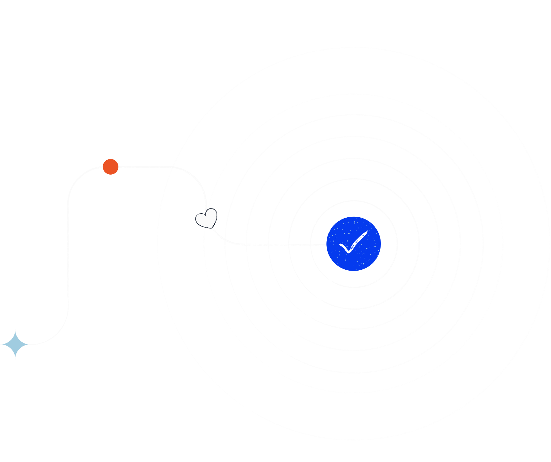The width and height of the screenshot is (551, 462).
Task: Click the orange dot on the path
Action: (x=111, y=167)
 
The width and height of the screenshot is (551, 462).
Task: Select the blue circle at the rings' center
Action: (x=353, y=244)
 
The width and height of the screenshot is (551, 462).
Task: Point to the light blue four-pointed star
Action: (x=15, y=344)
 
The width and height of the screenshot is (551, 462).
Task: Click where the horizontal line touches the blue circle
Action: (x=327, y=244)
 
